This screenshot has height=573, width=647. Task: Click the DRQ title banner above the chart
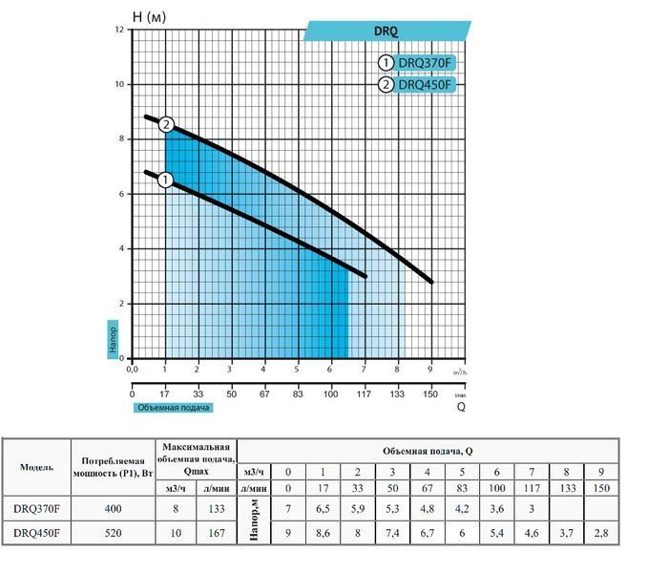[x=387, y=31]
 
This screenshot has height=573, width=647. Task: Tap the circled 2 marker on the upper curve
[x=166, y=125]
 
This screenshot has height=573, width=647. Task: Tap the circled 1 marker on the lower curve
[x=165, y=180]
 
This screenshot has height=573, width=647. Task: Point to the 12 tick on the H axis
[x=119, y=30]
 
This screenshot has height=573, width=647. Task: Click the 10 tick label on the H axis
[x=119, y=84]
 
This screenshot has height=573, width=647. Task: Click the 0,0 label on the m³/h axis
[x=132, y=369]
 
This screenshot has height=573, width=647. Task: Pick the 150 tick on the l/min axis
[x=430, y=393]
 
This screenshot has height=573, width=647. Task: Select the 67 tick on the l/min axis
[x=264, y=393]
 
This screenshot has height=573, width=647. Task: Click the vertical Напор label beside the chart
[x=113, y=339]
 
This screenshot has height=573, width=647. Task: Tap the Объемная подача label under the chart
[x=174, y=408]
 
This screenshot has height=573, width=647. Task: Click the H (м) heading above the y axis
[x=149, y=17]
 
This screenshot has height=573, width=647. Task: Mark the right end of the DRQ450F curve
[x=432, y=283]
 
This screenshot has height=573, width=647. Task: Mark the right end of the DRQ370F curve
[x=365, y=276]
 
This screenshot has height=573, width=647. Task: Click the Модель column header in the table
[x=36, y=467]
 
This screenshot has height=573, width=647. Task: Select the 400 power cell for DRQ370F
[x=113, y=509]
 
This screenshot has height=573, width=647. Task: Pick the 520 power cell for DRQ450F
[x=113, y=533]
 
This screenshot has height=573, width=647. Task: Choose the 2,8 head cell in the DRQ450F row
[x=601, y=533]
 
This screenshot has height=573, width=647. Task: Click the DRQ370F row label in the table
[x=36, y=509]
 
